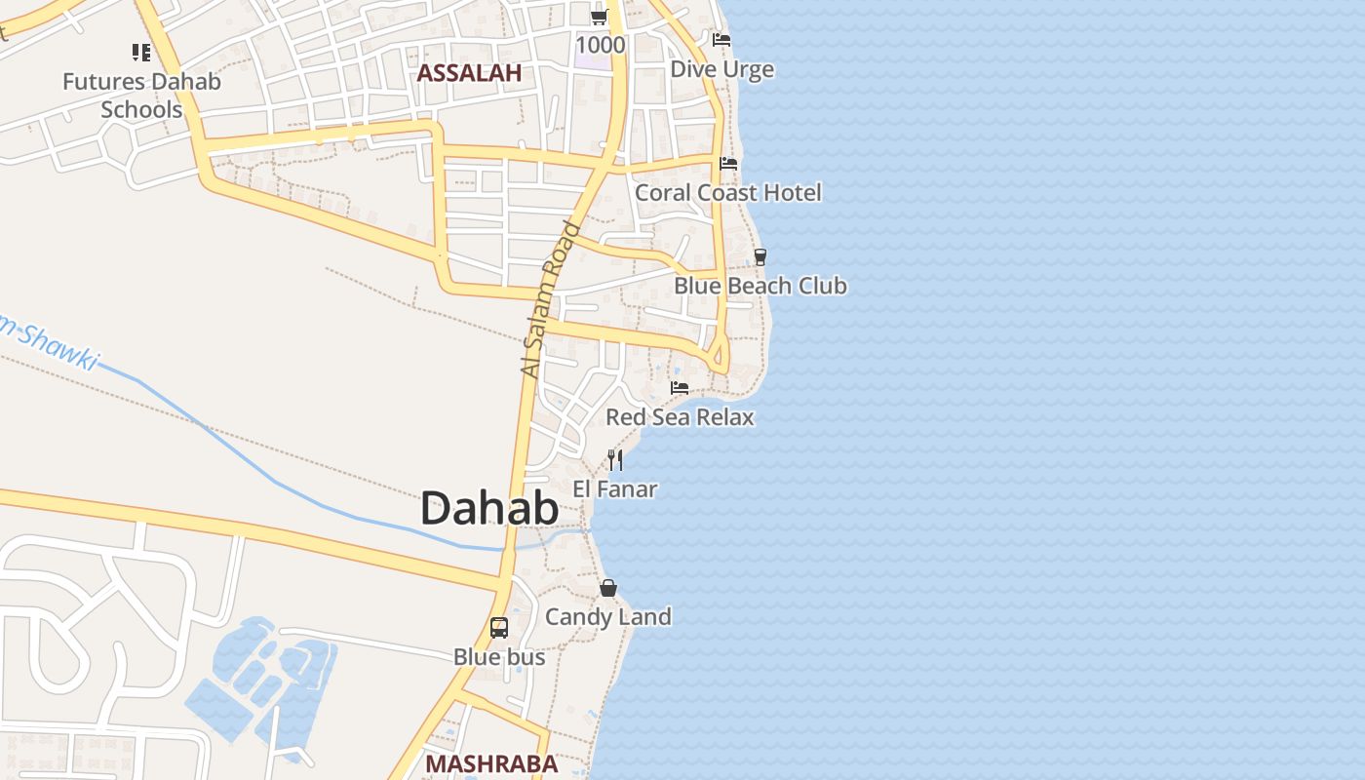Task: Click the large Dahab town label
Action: [x=489, y=509]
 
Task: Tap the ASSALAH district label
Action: [x=470, y=73]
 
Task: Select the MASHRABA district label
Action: [x=491, y=763]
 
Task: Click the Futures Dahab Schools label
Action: [x=141, y=95]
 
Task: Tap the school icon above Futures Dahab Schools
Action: [x=141, y=53]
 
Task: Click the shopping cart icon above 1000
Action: [x=600, y=17]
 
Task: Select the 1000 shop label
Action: [x=600, y=45]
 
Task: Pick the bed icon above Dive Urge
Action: [x=721, y=40]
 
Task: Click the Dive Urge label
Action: [x=721, y=69]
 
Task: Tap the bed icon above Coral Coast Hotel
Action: [x=728, y=163]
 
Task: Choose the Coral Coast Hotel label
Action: [x=728, y=193]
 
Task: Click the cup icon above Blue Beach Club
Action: [x=760, y=257]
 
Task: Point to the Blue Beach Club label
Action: [x=760, y=287]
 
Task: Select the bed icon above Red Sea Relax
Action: [x=680, y=388]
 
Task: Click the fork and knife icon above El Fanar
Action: [x=615, y=459]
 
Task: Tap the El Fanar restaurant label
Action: [x=615, y=489]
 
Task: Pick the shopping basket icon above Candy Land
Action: [x=608, y=588]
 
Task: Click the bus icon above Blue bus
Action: [x=499, y=628]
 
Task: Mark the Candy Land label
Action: [x=608, y=617]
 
